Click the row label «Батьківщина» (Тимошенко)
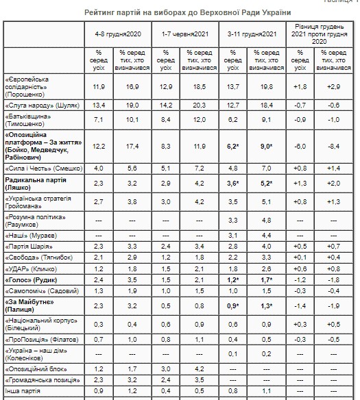point(31,121)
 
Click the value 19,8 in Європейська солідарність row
point(266,88)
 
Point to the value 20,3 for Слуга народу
point(200,105)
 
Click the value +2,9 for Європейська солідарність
point(333,88)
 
